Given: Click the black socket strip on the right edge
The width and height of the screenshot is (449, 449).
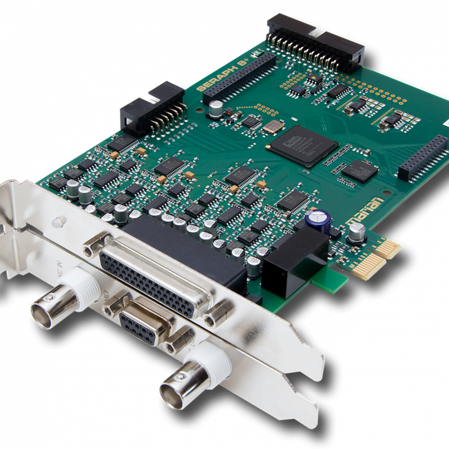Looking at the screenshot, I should click(423, 158).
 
